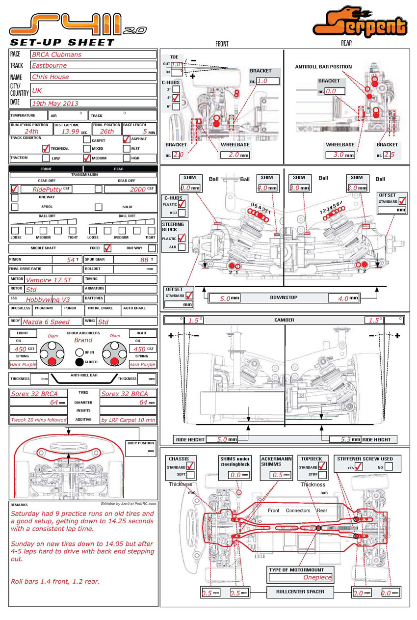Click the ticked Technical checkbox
(46, 148)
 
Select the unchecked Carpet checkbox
(87, 139)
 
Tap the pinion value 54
(71, 259)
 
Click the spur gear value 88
(144, 259)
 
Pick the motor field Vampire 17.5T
(53, 279)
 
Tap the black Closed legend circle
(79, 362)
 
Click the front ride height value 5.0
(222, 439)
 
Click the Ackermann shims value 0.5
(278, 475)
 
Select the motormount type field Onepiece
(317, 577)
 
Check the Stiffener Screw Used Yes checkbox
(359, 467)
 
